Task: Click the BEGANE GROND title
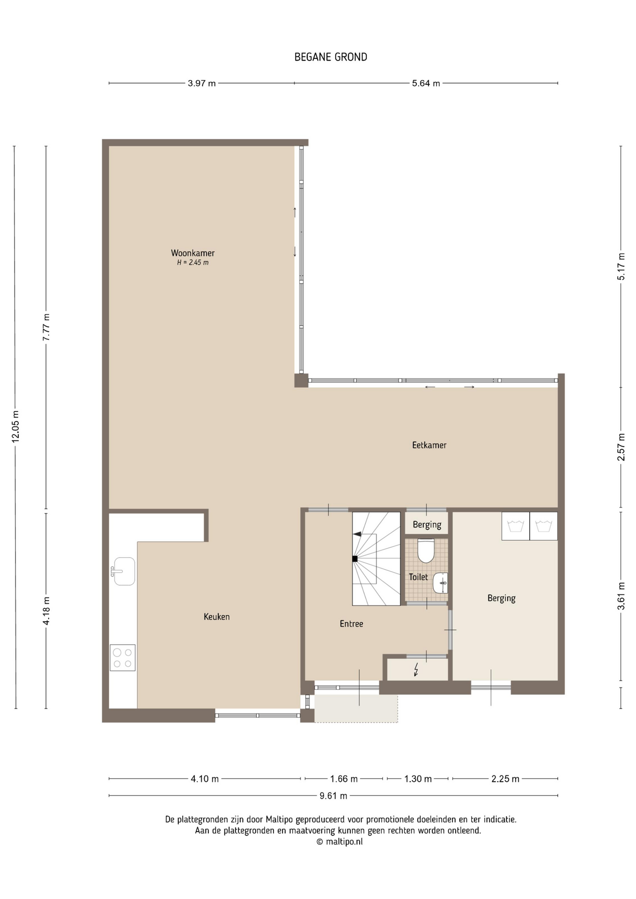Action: point(331,57)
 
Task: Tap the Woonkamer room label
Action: point(192,253)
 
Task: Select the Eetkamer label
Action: point(429,445)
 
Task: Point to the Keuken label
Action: point(216,617)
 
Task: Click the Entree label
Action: point(351,624)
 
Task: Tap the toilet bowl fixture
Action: point(426,551)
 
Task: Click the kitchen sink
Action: point(124,571)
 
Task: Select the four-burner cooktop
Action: point(123,658)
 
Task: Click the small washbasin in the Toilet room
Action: point(440,583)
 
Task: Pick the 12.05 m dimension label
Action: point(15,427)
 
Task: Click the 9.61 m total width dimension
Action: point(333,796)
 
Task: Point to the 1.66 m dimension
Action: point(344,779)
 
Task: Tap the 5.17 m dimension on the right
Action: point(621,266)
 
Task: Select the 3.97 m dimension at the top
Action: point(202,83)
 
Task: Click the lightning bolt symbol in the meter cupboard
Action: point(416,670)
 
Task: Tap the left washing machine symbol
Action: point(516,526)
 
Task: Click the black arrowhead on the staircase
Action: point(357,534)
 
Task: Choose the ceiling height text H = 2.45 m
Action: point(192,263)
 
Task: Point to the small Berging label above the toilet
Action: point(427,525)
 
